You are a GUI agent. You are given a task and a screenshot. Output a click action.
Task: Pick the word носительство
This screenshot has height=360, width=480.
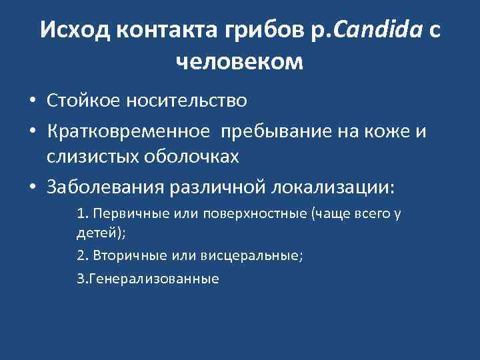point(186,101)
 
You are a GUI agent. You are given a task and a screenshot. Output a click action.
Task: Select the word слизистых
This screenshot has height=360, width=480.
point(89,158)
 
